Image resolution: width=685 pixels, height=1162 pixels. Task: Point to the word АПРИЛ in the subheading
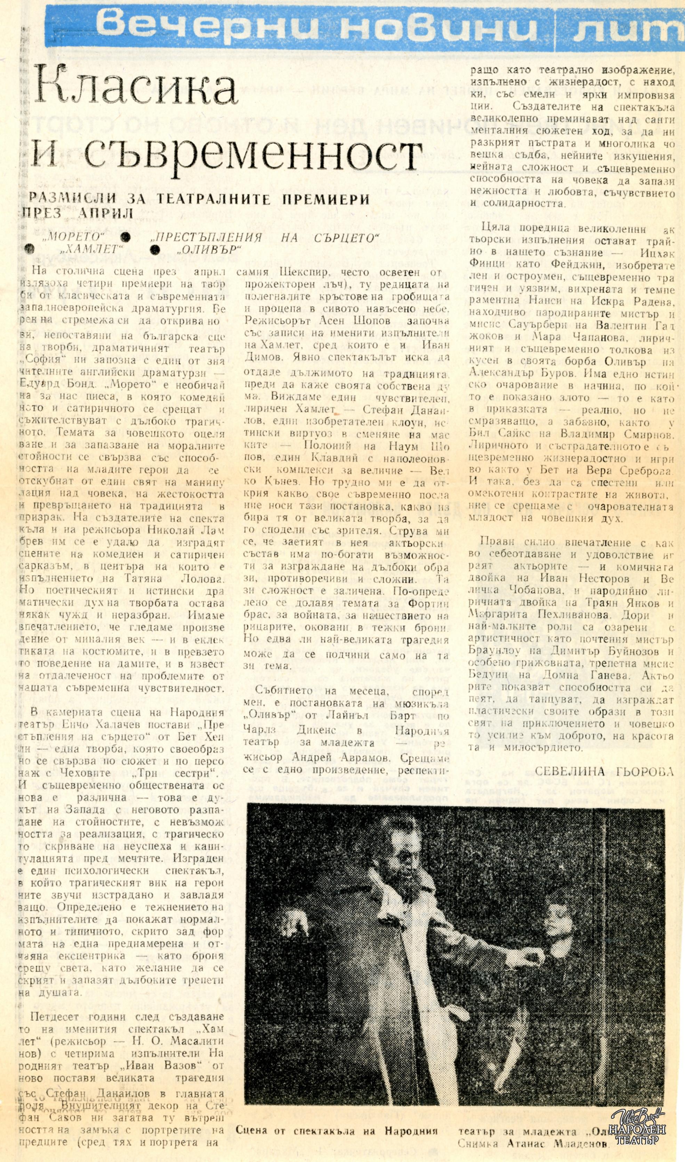pyautogui.click(x=106, y=213)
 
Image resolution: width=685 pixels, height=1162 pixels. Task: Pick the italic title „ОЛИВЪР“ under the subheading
pyautogui.click(x=210, y=250)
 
